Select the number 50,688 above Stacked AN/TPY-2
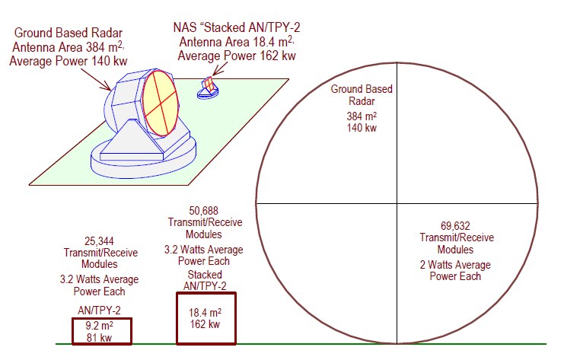click(x=204, y=209)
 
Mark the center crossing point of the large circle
click(x=397, y=203)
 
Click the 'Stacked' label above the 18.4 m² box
click(x=204, y=274)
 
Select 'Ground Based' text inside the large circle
click(x=362, y=89)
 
